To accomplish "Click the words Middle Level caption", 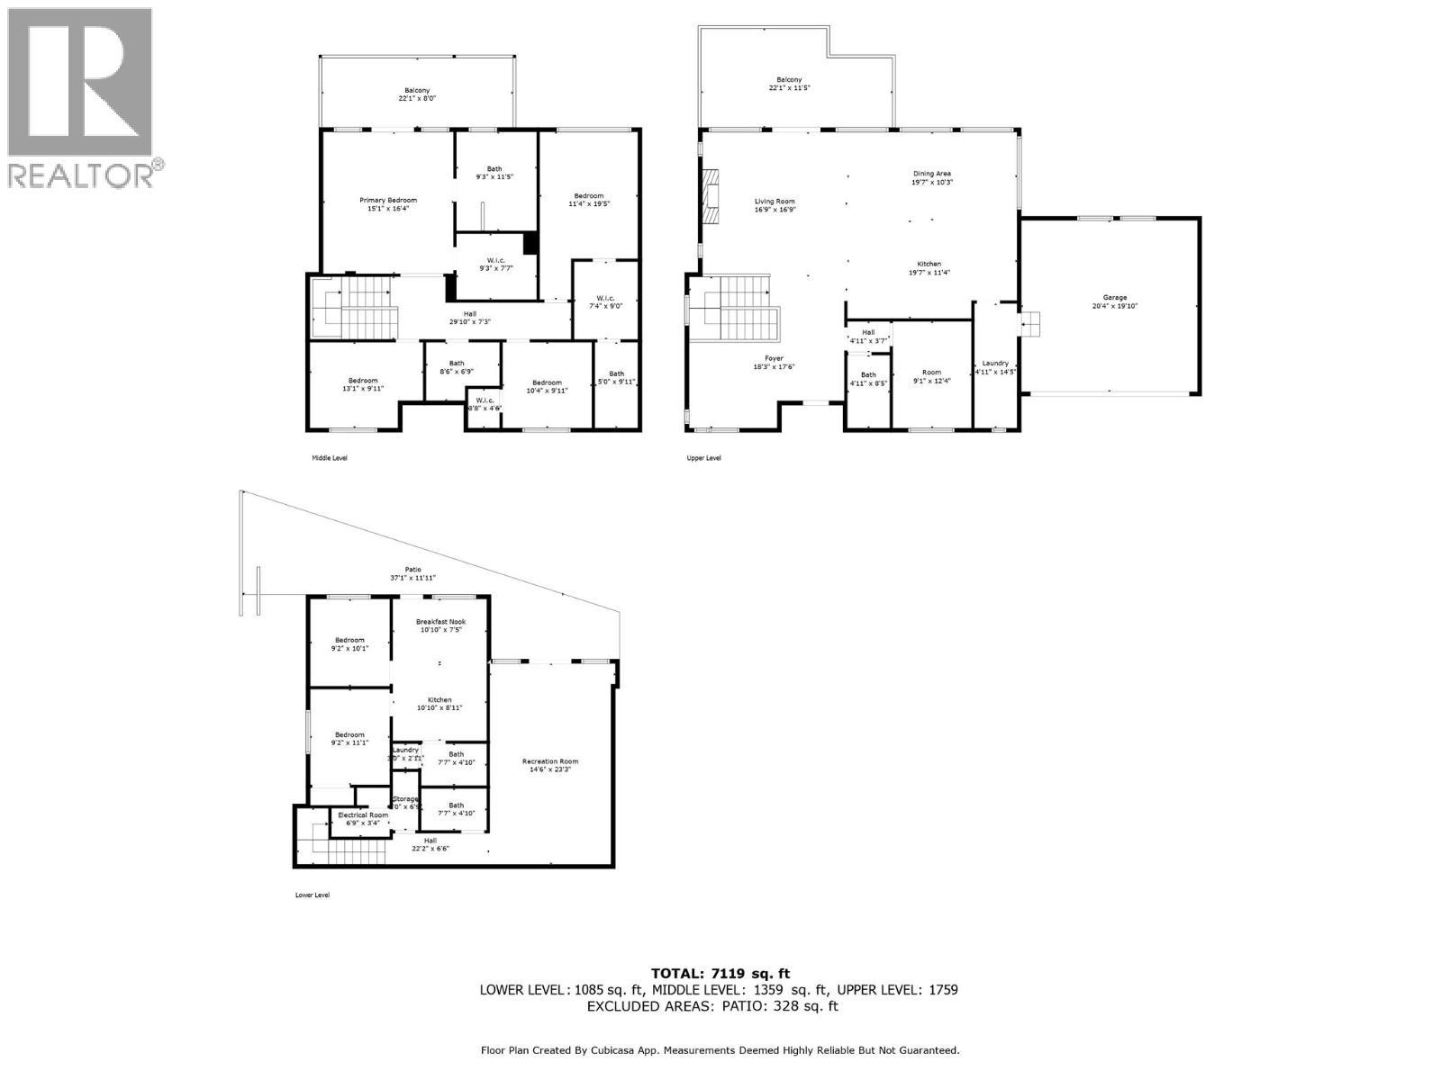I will [330, 458].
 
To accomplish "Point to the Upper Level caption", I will [703, 458].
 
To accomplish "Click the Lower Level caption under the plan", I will [313, 895].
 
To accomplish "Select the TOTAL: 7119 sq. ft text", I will [720, 973].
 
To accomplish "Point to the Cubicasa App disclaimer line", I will [720, 1049].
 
